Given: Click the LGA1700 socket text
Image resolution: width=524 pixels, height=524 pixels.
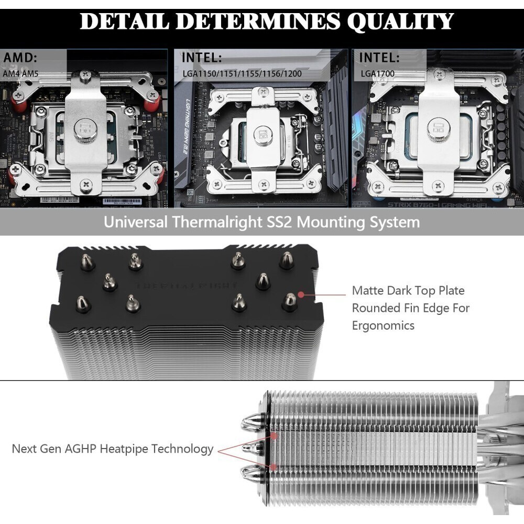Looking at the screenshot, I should point(378,74).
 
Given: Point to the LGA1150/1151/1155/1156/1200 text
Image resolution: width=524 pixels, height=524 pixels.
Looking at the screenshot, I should point(242,74).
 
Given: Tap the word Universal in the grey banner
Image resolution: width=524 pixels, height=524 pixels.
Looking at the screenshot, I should point(136,222).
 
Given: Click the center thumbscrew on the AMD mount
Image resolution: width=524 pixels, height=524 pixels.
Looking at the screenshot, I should point(84,127).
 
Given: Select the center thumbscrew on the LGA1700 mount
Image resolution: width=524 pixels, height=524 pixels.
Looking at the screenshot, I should point(436,128).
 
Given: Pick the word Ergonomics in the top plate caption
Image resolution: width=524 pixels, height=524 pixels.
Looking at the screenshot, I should point(383,325).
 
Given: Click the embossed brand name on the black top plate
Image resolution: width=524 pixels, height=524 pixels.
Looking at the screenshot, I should point(187,287).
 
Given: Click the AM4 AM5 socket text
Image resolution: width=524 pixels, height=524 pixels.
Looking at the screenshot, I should point(21,74).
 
